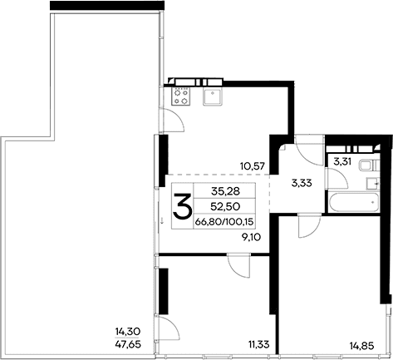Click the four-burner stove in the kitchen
179,96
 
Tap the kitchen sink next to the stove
212,96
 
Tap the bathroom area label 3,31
343,162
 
